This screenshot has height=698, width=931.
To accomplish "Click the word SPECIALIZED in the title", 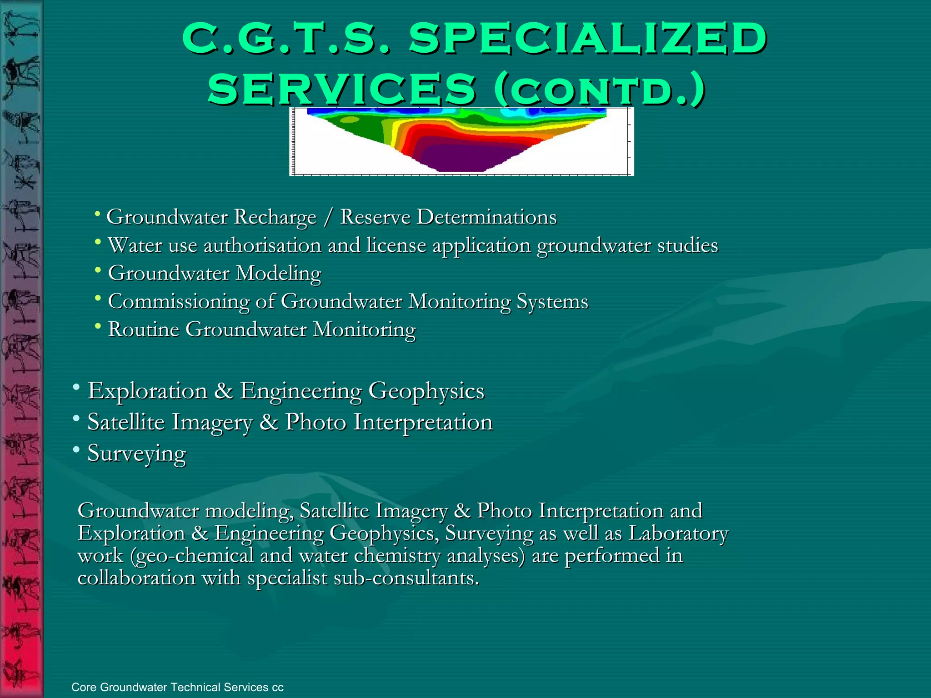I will [588, 38].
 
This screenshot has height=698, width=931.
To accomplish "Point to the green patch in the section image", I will [359, 127].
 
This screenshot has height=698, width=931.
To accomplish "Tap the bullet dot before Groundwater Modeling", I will [98, 270].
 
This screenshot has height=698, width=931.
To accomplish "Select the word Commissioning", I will [179, 302].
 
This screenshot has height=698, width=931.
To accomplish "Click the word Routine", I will [144, 329].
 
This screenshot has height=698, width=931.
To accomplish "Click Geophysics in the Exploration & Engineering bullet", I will [426, 391].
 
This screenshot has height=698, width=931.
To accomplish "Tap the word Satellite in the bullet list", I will [126, 422].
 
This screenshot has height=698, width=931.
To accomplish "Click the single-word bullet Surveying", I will [137, 454].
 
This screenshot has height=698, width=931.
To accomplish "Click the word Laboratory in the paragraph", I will [678, 533].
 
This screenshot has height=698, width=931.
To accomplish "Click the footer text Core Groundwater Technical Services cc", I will [177, 687].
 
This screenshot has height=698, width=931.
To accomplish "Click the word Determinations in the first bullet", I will [486, 217].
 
